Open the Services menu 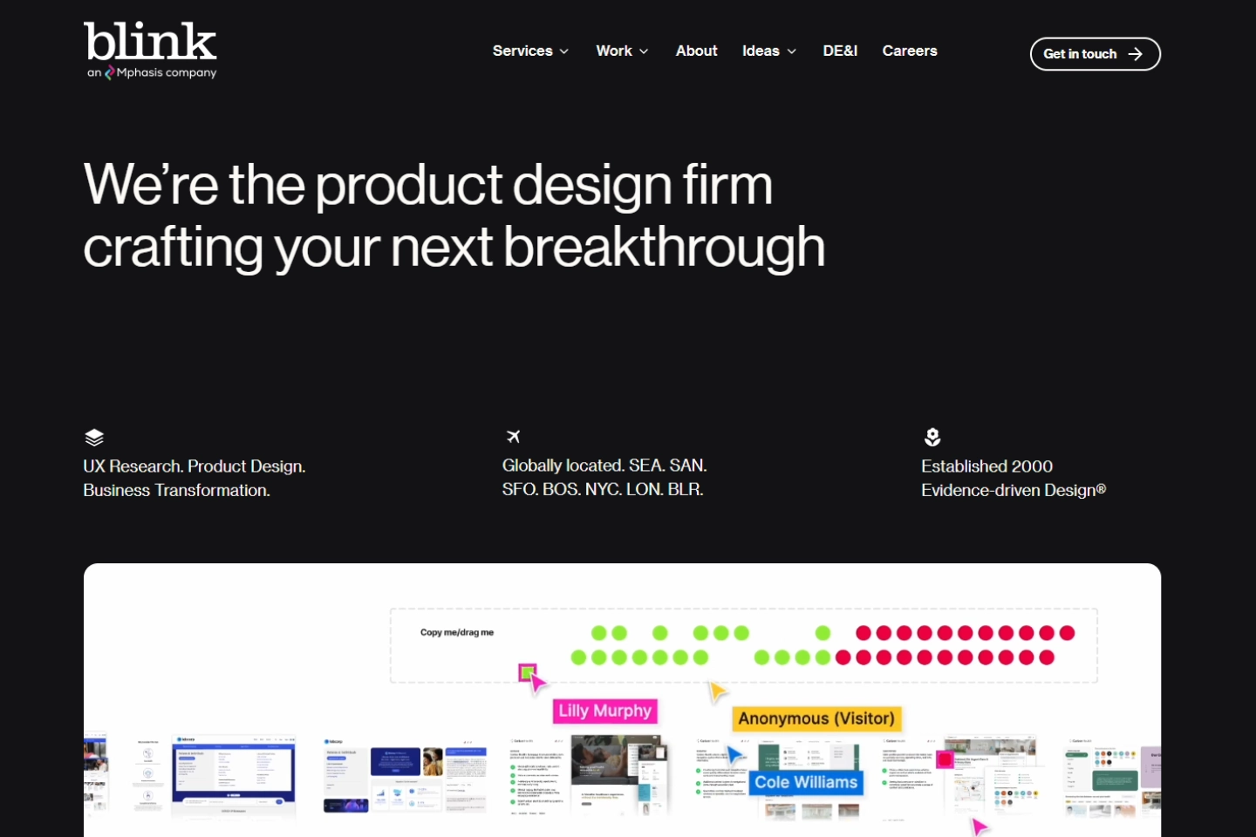click(x=530, y=51)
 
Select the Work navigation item click(x=622, y=51)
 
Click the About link click(x=696, y=51)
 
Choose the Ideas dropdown click(x=768, y=51)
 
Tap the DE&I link click(x=840, y=51)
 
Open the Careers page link click(x=909, y=51)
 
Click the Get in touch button click(x=1094, y=54)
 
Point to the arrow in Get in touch click(x=1135, y=54)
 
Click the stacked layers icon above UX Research click(x=94, y=437)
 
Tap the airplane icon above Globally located click(x=513, y=436)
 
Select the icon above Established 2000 click(x=932, y=437)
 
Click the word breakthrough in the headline click(x=664, y=248)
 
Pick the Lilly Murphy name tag click(x=604, y=711)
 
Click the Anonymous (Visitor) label click(x=816, y=718)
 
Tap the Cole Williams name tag click(x=806, y=782)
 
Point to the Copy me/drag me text click(x=456, y=632)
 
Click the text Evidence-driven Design click(x=1012, y=490)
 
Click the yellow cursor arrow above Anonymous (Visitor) click(x=717, y=692)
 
